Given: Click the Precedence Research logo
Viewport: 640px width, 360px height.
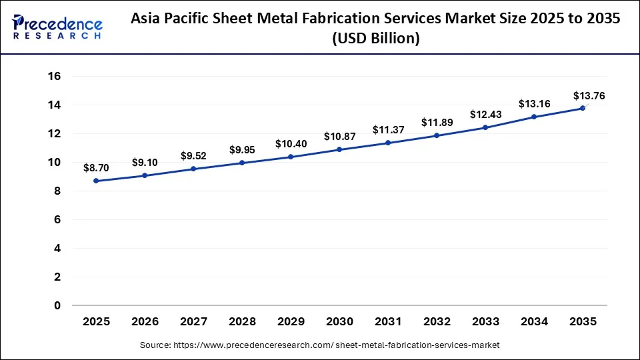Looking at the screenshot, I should [58, 27].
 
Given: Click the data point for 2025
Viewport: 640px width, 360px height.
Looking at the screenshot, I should [96, 181].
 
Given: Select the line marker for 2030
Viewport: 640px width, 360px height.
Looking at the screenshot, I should [339, 149].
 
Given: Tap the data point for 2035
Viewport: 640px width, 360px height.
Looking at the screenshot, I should [583, 108].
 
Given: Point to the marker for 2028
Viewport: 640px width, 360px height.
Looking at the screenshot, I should [242, 163].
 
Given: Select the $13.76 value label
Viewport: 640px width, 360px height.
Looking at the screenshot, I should [589, 96].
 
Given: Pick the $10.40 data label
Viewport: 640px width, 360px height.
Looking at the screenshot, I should [291, 144].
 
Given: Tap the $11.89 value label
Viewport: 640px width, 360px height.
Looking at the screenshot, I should [437, 123].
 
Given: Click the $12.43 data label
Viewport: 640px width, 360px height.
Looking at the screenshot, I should [485, 115].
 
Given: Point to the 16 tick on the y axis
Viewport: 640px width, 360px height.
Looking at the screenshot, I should [54, 77].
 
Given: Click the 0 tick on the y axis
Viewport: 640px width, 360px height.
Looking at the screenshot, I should [57, 305].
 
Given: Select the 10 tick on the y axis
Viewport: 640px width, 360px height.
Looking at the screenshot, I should [54, 163].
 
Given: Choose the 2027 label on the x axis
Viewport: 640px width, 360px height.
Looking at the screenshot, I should [193, 322].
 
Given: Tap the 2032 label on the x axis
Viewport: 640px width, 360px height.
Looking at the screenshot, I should [437, 322].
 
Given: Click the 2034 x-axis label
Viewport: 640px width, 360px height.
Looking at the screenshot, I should [534, 322].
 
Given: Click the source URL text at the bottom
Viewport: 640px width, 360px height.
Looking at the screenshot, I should [319, 345].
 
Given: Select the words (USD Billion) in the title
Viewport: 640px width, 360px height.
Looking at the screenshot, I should [376, 39].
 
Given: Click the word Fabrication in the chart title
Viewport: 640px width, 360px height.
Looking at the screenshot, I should [347, 19].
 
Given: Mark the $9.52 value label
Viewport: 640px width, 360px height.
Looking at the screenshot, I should [193, 156].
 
